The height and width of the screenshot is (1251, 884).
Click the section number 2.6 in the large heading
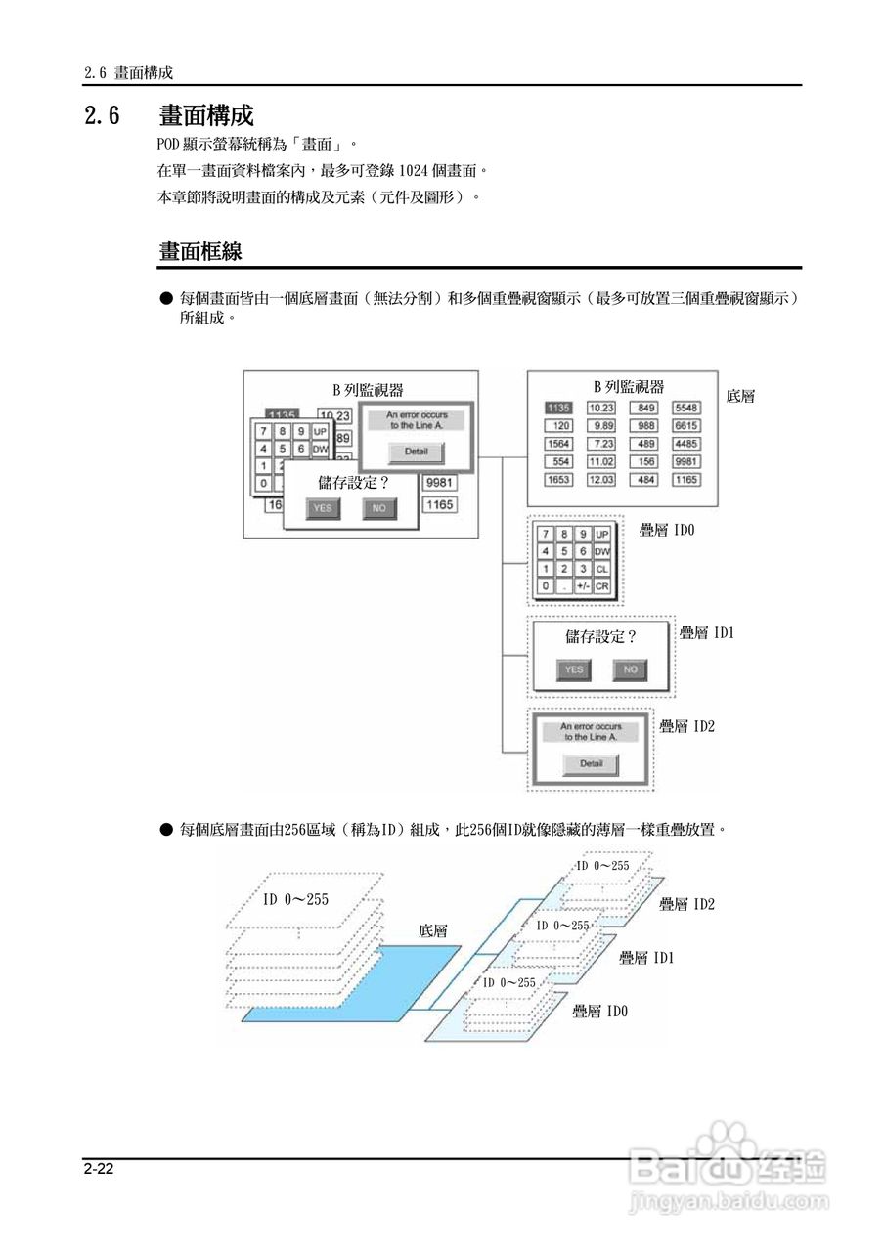(102, 116)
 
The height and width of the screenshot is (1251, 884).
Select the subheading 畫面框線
(200, 251)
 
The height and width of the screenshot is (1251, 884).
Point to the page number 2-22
(99, 1169)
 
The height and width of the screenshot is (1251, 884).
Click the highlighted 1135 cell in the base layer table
(558, 408)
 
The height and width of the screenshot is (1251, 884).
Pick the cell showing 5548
(686, 408)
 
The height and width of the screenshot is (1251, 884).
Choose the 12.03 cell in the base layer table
(601, 480)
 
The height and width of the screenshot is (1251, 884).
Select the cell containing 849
(645, 408)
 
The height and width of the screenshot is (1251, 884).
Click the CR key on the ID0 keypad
(601, 586)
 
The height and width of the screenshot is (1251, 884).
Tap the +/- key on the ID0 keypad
(583, 586)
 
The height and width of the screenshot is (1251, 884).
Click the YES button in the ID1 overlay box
(574, 669)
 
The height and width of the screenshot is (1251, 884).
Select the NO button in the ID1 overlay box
(630, 669)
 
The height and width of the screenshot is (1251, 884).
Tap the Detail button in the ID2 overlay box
(591, 764)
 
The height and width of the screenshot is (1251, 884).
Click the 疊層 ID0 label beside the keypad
(666, 530)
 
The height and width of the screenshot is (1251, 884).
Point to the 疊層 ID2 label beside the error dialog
(686, 726)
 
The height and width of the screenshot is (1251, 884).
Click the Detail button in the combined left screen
(416, 453)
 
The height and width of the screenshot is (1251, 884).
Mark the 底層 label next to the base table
(740, 397)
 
